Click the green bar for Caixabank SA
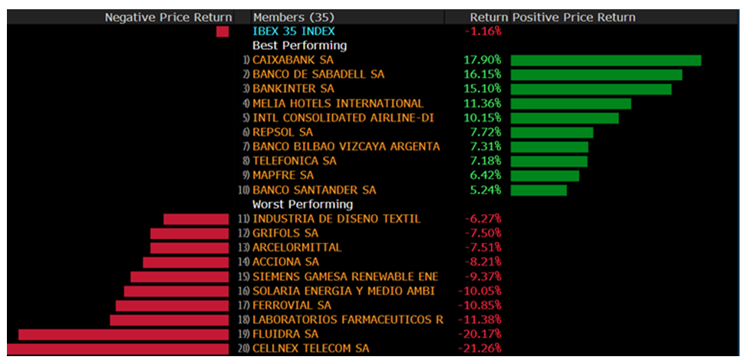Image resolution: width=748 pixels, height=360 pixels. (x=606, y=60)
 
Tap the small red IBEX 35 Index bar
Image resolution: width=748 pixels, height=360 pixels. (x=222, y=31)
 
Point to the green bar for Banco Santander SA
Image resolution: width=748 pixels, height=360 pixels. (x=539, y=190)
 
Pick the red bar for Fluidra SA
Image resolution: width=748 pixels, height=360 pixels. (x=124, y=334)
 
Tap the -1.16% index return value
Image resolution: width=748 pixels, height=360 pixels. (x=483, y=31)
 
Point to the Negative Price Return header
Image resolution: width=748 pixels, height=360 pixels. (x=168, y=17)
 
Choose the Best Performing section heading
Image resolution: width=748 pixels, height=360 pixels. (x=300, y=45)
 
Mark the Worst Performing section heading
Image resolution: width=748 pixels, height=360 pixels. (x=302, y=204)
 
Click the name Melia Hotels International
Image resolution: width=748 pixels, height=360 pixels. (x=338, y=103)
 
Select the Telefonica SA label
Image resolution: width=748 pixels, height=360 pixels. (x=295, y=160)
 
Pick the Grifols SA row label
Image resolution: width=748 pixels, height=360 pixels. (x=285, y=233)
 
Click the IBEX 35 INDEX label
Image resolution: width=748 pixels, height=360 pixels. (x=294, y=31)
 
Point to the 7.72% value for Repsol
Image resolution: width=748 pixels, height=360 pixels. (x=486, y=132)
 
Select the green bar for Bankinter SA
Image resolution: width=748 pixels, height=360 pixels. (x=591, y=89)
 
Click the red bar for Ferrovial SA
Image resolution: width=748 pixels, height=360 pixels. (x=172, y=306)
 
